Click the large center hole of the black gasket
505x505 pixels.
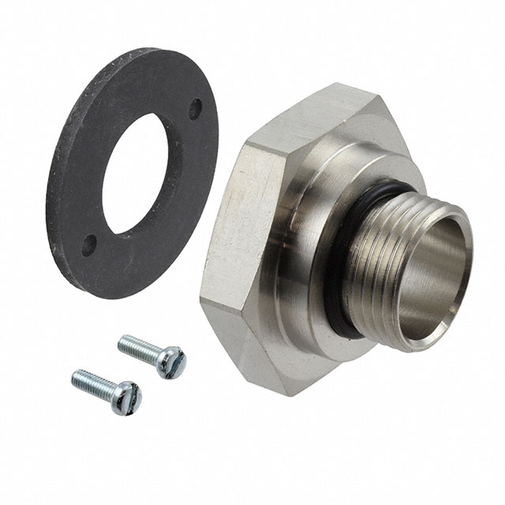click(142, 173)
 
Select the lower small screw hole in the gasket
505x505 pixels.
click(90, 243)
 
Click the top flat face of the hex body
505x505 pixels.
click(316, 118)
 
